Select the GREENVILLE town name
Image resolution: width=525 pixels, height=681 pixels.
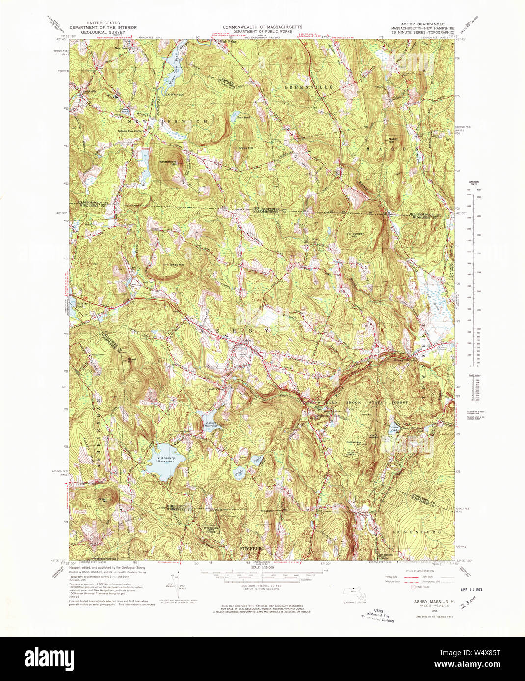pos(309,87)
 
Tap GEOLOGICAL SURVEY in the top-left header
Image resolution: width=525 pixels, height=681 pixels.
pos(103,33)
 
